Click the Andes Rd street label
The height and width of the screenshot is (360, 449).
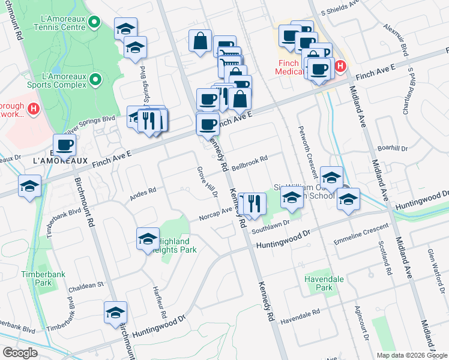pos(143,192)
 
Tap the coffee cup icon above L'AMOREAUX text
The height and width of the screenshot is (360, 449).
pos(64,144)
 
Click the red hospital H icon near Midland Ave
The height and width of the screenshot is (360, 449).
pos(340,66)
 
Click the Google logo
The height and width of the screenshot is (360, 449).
pos(20,353)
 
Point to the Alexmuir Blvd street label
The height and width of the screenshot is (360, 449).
pos(396,41)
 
